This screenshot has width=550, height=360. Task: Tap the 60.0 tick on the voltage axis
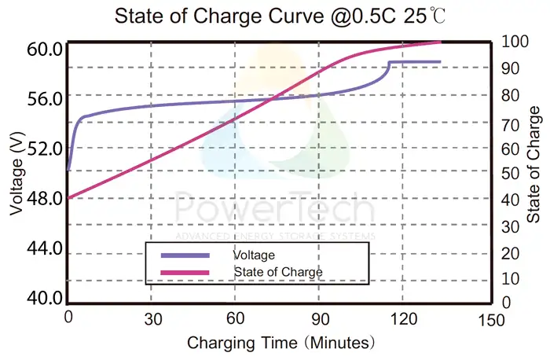pos(44,50)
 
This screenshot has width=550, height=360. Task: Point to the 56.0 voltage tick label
pos(44,98)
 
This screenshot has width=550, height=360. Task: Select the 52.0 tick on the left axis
pos(44,148)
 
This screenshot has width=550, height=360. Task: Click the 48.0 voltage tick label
pos(44,198)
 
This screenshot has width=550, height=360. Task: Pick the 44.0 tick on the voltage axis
pos(44,248)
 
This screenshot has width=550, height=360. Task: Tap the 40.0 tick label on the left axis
pos(44,298)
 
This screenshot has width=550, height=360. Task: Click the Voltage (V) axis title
pos(17,174)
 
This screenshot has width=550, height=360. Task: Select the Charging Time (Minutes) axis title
pos(280,343)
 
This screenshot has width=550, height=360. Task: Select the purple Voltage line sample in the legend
pos(185,255)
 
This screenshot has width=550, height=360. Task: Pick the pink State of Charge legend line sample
pos(185,271)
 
